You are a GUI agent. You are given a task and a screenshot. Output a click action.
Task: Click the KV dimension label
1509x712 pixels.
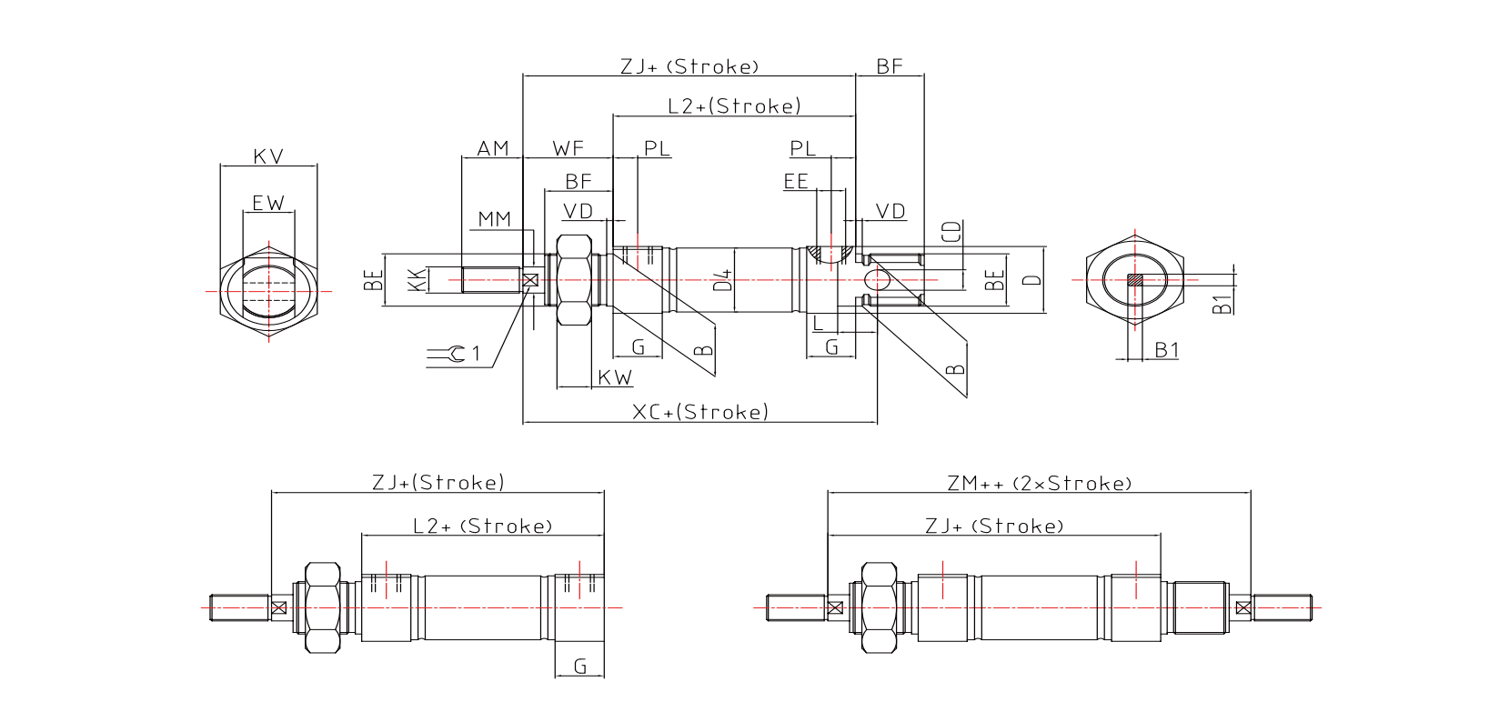[x=268, y=156]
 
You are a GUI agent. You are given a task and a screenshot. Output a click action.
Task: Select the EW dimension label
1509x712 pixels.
[x=268, y=203]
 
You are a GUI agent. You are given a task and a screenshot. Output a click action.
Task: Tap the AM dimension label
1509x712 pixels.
[x=493, y=148]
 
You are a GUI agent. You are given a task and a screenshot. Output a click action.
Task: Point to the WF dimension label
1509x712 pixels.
[x=568, y=148]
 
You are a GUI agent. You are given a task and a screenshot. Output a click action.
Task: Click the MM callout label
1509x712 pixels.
[x=495, y=219]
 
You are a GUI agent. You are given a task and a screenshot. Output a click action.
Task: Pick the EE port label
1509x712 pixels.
[x=796, y=182]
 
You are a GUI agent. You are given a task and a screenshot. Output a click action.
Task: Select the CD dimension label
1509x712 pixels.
[x=951, y=231]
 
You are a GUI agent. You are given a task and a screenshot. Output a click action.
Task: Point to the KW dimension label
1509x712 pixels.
[x=615, y=377]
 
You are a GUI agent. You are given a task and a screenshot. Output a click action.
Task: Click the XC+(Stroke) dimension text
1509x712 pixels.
[x=699, y=412]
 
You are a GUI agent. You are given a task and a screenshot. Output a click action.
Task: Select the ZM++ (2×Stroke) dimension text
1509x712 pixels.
[x=1040, y=483]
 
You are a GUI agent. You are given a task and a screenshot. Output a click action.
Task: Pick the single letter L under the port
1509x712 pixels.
[x=819, y=323]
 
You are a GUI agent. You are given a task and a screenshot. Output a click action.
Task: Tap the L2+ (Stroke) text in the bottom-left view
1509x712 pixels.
[x=482, y=526]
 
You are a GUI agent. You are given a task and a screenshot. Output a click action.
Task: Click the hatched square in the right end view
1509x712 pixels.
[x=1135, y=280]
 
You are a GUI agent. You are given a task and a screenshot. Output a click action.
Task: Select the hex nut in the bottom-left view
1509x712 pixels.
[x=322, y=607]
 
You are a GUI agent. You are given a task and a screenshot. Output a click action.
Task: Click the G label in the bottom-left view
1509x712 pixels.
[x=580, y=667]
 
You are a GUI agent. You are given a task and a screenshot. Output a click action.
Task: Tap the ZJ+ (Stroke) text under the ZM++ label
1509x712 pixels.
[x=994, y=526]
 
